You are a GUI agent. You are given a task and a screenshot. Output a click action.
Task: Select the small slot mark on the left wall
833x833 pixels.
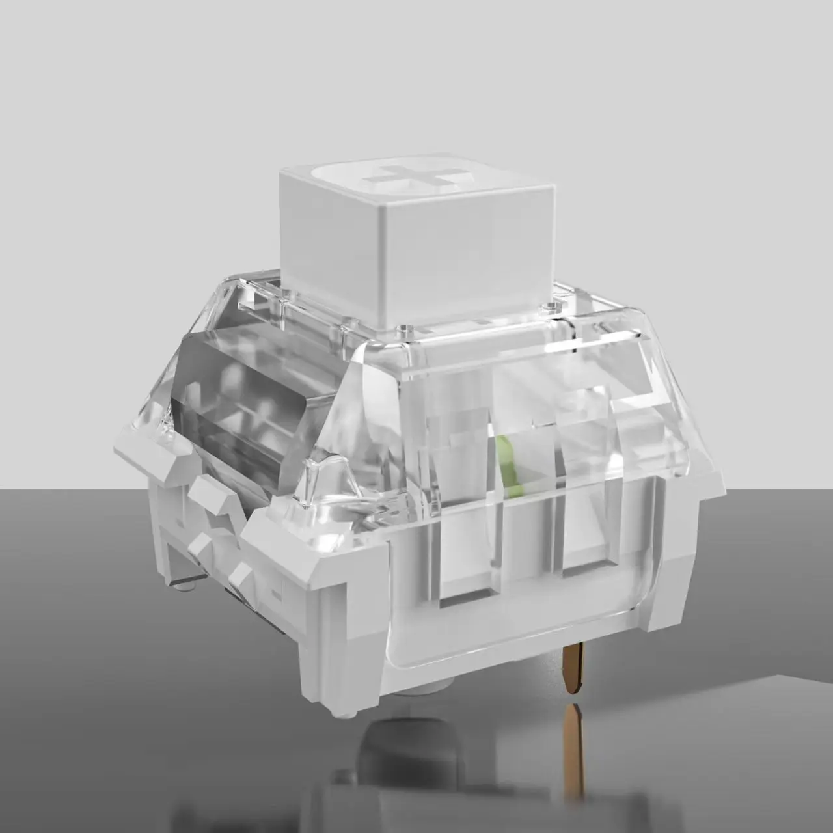tap(275, 594)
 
